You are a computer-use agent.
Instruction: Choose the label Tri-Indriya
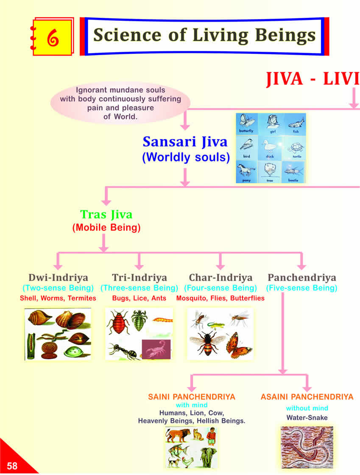point(139,278)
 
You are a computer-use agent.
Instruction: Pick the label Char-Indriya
point(220,278)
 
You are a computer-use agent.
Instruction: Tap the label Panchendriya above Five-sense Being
point(301,278)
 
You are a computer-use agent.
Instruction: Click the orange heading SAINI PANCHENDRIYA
point(192,397)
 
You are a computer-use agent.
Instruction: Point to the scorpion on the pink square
point(156,349)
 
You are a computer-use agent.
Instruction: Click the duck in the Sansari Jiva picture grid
point(270,147)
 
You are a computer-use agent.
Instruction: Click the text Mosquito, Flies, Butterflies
point(220,298)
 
